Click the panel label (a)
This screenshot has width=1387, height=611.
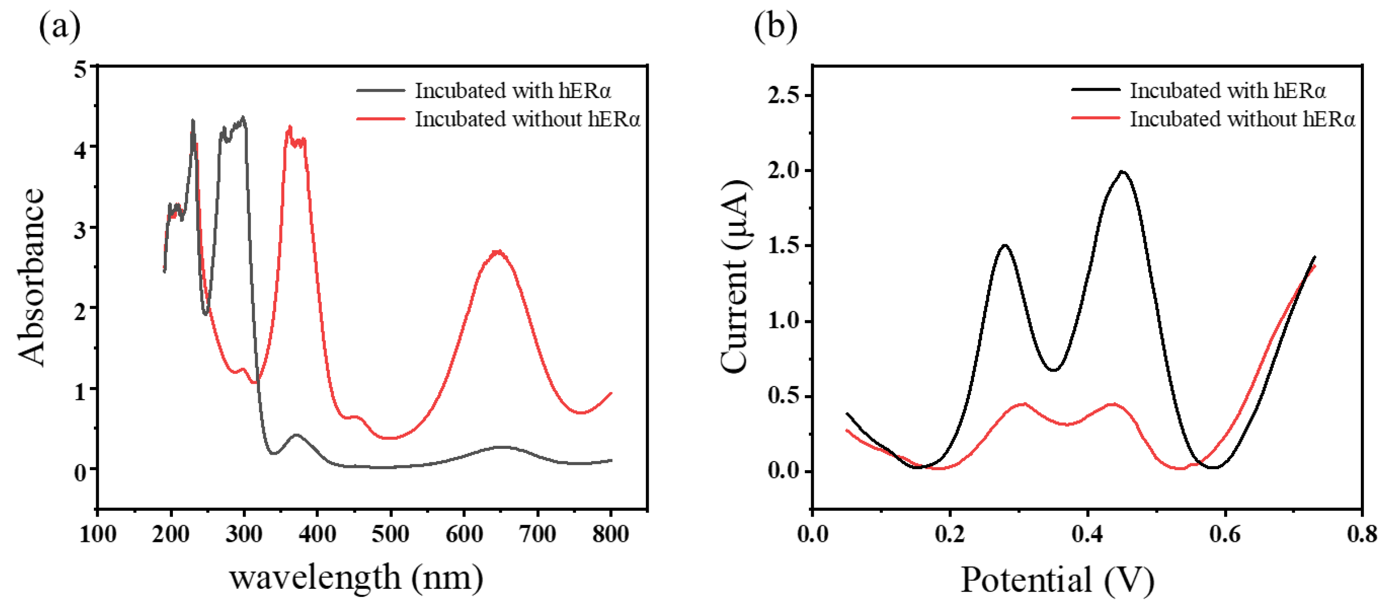[59, 26]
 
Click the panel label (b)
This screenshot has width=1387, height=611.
[775, 26]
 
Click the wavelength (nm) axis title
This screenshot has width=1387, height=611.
[356, 578]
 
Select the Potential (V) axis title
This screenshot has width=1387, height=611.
[1057, 580]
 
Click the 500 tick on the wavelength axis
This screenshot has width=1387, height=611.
[390, 534]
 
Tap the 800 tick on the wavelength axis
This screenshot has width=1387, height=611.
[611, 534]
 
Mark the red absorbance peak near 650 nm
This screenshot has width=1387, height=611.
[498, 252]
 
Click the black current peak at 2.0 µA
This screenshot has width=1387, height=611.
[1122, 172]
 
